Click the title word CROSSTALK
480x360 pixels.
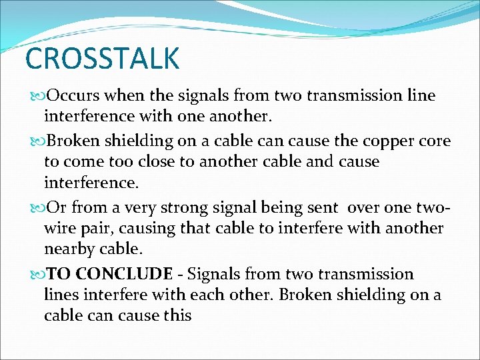[102, 59]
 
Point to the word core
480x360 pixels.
[433, 141]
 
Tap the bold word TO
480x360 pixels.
[59, 274]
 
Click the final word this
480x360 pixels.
[176, 315]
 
